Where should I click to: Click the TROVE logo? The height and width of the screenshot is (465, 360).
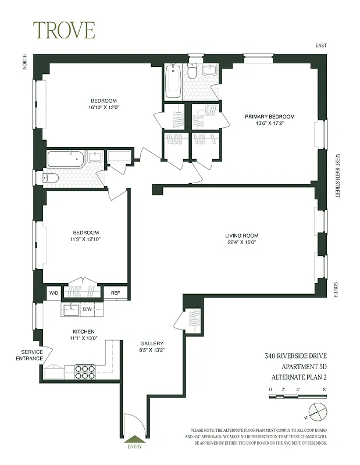(x=63, y=30)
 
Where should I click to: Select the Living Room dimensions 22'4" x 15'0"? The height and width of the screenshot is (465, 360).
(x=242, y=243)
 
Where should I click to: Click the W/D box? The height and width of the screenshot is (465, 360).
(x=54, y=293)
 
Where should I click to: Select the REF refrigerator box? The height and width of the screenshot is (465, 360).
(x=116, y=293)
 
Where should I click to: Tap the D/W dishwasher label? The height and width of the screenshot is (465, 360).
(x=88, y=309)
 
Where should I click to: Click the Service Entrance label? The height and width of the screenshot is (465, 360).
(x=32, y=355)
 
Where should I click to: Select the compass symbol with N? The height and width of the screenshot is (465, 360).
(x=317, y=412)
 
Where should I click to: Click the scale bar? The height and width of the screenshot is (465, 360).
(x=298, y=396)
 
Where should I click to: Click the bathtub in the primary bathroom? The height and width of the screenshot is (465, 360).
(x=173, y=81)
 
